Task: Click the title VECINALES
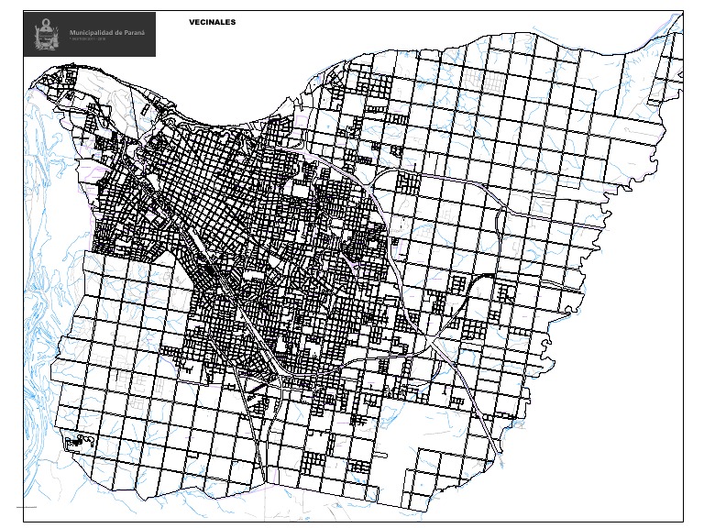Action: [x=213, y=20]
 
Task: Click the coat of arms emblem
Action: [x=44, y=36]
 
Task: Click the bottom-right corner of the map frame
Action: [x=684, y=522]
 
